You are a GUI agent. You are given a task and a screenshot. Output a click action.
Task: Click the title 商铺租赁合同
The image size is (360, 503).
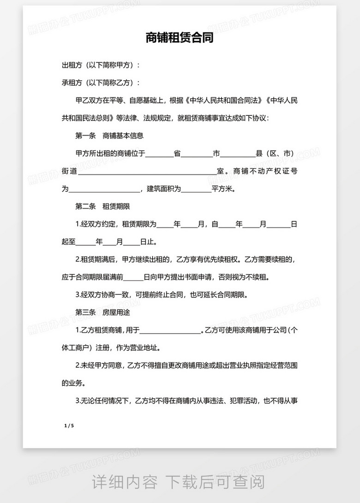click(x=180, y=38)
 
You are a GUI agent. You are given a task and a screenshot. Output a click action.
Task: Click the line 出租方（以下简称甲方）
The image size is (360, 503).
click(x=100, y=65)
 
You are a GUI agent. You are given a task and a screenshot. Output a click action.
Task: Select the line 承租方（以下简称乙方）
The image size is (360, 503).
click(x=100, y=83)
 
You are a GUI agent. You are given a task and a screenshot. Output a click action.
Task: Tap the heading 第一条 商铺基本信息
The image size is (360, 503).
click(x=109, y=136)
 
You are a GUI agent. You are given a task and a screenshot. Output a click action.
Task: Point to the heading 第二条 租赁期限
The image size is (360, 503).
click(x=103, y=206)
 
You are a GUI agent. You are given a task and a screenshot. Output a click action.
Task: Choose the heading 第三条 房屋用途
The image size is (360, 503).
click(x=103, y=312)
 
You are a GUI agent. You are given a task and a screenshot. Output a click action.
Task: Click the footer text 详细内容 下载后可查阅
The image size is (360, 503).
click(x=179, y=482)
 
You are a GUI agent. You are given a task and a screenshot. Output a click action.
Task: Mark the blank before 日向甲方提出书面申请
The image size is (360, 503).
click(x=134, y=278)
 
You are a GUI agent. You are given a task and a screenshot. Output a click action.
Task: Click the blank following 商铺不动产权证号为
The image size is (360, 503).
click(x=105, y=189)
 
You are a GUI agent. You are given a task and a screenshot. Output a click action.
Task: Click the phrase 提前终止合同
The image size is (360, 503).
click(x=158, y=295)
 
